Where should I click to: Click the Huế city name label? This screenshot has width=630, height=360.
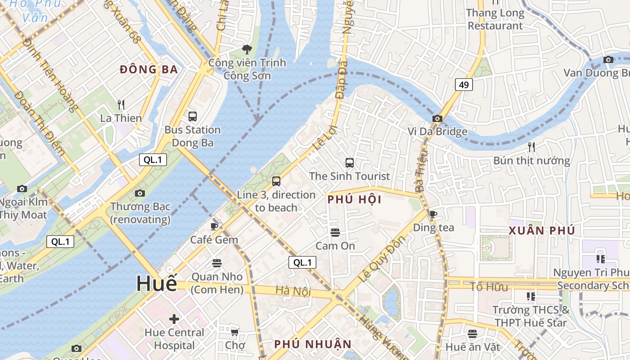[157, 283]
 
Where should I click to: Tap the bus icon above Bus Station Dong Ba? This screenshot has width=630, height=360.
[193, 117]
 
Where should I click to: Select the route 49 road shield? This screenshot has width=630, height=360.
[463, 84]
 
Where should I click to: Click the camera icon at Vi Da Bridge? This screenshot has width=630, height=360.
[437, 119]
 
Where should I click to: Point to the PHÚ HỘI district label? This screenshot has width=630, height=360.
[355, 199]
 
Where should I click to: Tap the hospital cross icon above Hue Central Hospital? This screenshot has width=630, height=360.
[174, 319]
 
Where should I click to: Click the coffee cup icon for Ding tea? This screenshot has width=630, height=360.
[433, 215]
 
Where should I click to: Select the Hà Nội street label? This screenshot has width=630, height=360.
[293, 291]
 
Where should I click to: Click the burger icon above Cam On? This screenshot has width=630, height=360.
[335, 233]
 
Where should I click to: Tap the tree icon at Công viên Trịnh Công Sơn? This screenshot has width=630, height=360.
[247, 49]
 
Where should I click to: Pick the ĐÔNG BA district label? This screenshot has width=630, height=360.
[149, 69]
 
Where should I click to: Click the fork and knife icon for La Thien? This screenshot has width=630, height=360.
[121, 105]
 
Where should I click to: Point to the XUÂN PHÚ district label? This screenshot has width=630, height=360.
[542, 231]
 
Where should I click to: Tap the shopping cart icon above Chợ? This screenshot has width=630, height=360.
[234, 333]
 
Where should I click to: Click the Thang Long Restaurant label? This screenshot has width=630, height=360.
[495, 19]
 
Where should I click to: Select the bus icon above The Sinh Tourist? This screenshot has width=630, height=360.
[349, 163]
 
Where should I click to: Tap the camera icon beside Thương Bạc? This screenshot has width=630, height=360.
[140, 193]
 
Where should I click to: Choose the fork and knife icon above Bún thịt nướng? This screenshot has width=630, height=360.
[531, 147]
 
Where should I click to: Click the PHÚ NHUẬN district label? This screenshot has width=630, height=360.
[313, 344]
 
